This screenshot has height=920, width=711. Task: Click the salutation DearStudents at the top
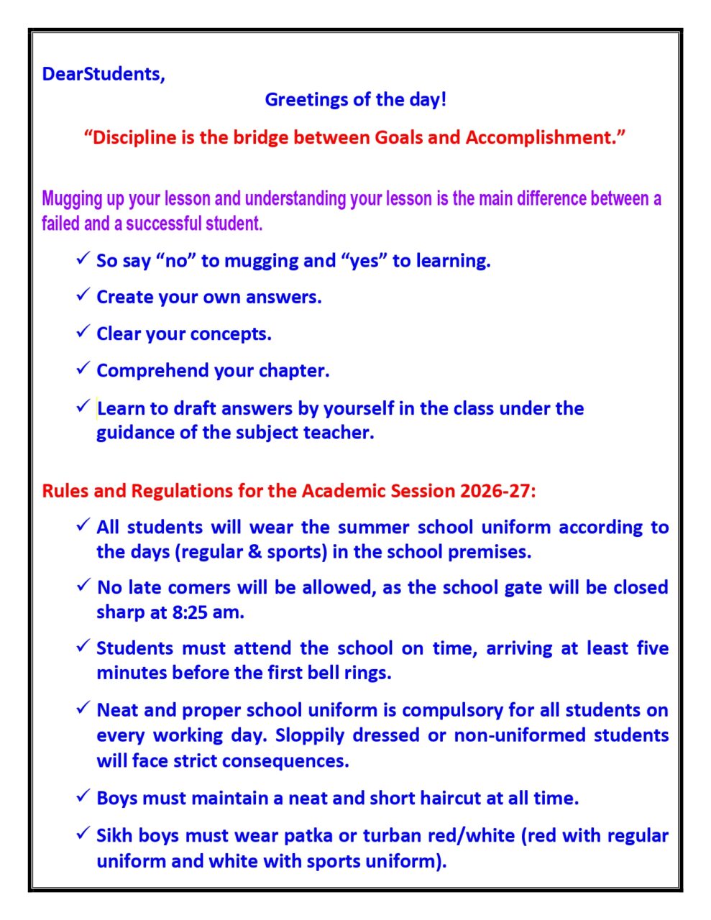(x=103, y=74)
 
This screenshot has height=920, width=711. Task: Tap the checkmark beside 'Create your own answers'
(x=82, y=295)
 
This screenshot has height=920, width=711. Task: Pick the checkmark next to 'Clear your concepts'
(x=82, y=331)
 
